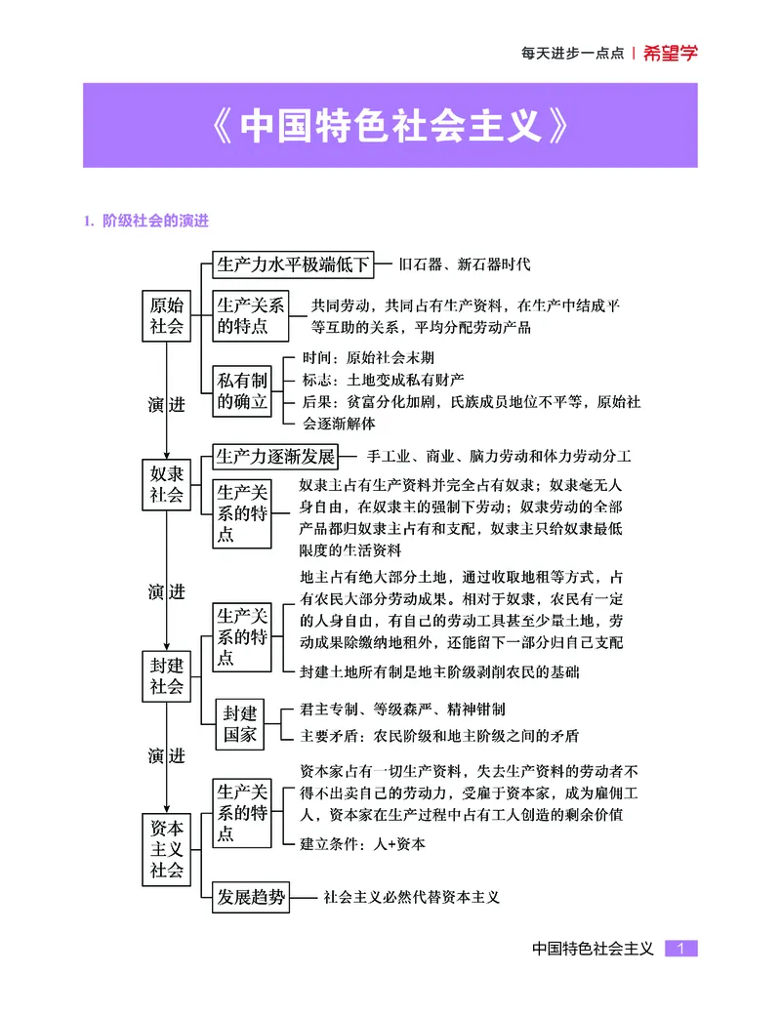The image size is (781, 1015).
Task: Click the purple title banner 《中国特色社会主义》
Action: coord(390,125)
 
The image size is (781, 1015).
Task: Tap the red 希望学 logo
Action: coord(671,54)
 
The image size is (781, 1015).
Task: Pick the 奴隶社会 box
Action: coord(166,483)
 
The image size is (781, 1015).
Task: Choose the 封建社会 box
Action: coord(166,675)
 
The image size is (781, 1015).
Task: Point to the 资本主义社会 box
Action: coord(166,848)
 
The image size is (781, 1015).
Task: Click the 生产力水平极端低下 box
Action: coord(293,264)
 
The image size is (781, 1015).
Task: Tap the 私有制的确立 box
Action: coord(242,390)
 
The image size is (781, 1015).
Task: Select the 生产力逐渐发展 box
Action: coord(275,457)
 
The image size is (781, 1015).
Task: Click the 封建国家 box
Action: coord(240,723)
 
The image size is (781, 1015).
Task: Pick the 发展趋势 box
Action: coord(251,897)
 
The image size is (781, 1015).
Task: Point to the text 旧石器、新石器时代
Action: coord(465,264)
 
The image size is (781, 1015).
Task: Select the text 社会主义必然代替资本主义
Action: coord(411,897)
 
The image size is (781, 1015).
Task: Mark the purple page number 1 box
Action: coord(681,948)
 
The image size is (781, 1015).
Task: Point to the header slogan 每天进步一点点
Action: coord(572,54)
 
